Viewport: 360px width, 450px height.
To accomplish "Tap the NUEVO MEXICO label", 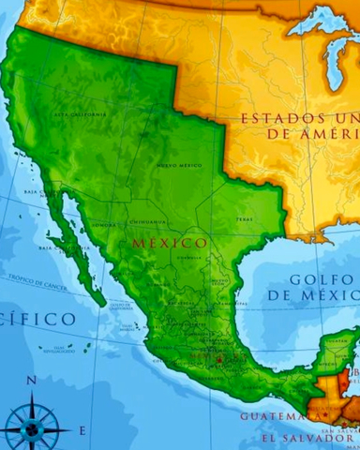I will click(x=179, y=165).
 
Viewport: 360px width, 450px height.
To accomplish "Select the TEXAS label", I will click(x=244, y=219).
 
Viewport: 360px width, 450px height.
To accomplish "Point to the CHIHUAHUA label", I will click(x=148, y=221).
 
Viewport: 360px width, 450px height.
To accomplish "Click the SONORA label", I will click(x=106, y=225).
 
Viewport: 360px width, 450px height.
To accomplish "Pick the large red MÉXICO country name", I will click(x=170, y=242).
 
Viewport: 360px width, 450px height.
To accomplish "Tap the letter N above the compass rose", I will click(x=31, y=381).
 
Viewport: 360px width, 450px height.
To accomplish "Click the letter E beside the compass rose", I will click(x=82, y=430).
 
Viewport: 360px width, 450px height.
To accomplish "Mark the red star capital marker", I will click(x=218, y=359).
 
